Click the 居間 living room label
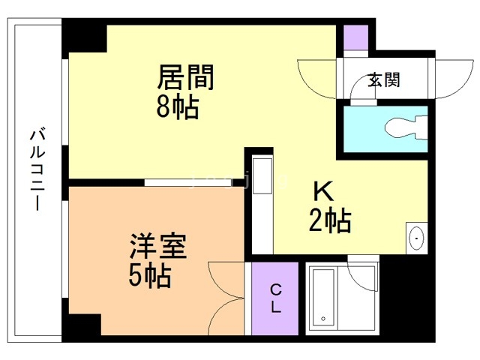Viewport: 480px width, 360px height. (x=185, y=77)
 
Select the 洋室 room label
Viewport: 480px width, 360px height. (x=157, y=247)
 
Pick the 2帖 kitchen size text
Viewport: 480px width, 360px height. (x=330, y=220)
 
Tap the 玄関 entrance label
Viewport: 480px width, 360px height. (x=383, y=80)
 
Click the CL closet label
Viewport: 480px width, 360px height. (x=276, y=298)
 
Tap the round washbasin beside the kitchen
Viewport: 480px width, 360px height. (x=416, y=239)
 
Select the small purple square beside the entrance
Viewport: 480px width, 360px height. (x=356, y=37)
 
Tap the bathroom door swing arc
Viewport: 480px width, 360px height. (x=363, y=266)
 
